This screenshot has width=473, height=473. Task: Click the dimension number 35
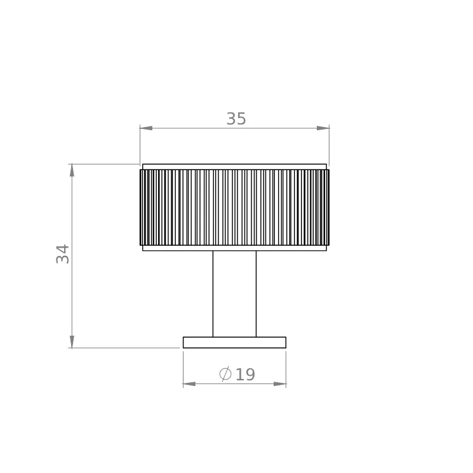tap(236, 119)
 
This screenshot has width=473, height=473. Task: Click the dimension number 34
tap(63, 254)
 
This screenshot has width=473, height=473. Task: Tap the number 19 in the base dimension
tap(245, 375)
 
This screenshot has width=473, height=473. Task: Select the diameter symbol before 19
tap(225, 374)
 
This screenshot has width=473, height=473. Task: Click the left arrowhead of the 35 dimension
tap(146, 128)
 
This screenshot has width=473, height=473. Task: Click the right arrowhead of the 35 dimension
tap(323, 128)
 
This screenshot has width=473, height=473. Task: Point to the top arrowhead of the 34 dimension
tap(72, 170)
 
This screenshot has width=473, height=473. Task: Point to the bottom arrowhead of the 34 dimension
tap(72, 342)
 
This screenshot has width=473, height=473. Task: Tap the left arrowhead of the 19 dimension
tap(189, 383)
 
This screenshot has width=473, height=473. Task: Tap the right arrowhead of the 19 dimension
tap(279, 383)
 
